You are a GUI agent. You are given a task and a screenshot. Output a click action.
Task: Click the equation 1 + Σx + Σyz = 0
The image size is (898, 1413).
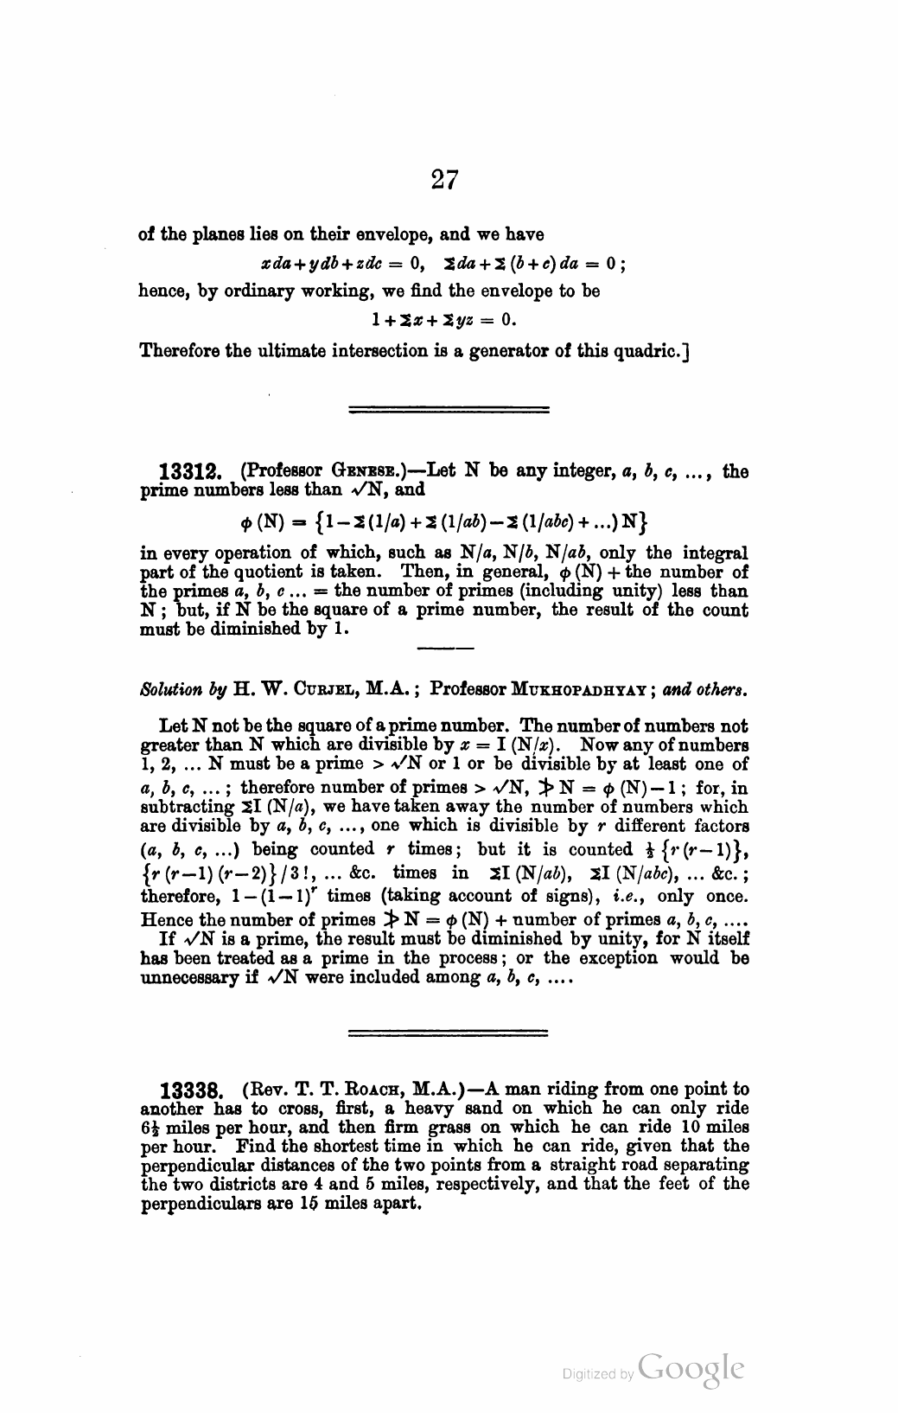tap(443, 321)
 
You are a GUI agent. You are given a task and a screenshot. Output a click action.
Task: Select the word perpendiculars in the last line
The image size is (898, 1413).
tap(192, 1205)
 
